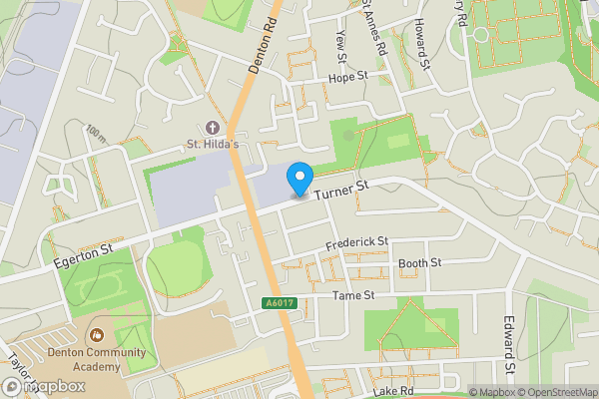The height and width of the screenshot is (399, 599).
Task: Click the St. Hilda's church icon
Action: (212, 128)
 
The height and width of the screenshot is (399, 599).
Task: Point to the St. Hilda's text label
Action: (212, 146)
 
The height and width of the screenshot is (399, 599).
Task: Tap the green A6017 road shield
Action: (281, 303)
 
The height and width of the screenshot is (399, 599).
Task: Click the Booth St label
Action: (419, 263)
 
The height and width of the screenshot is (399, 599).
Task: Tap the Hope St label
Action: (348, 76)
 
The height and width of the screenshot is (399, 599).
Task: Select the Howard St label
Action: (422, 42)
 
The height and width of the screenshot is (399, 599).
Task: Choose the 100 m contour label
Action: (96, 134)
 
